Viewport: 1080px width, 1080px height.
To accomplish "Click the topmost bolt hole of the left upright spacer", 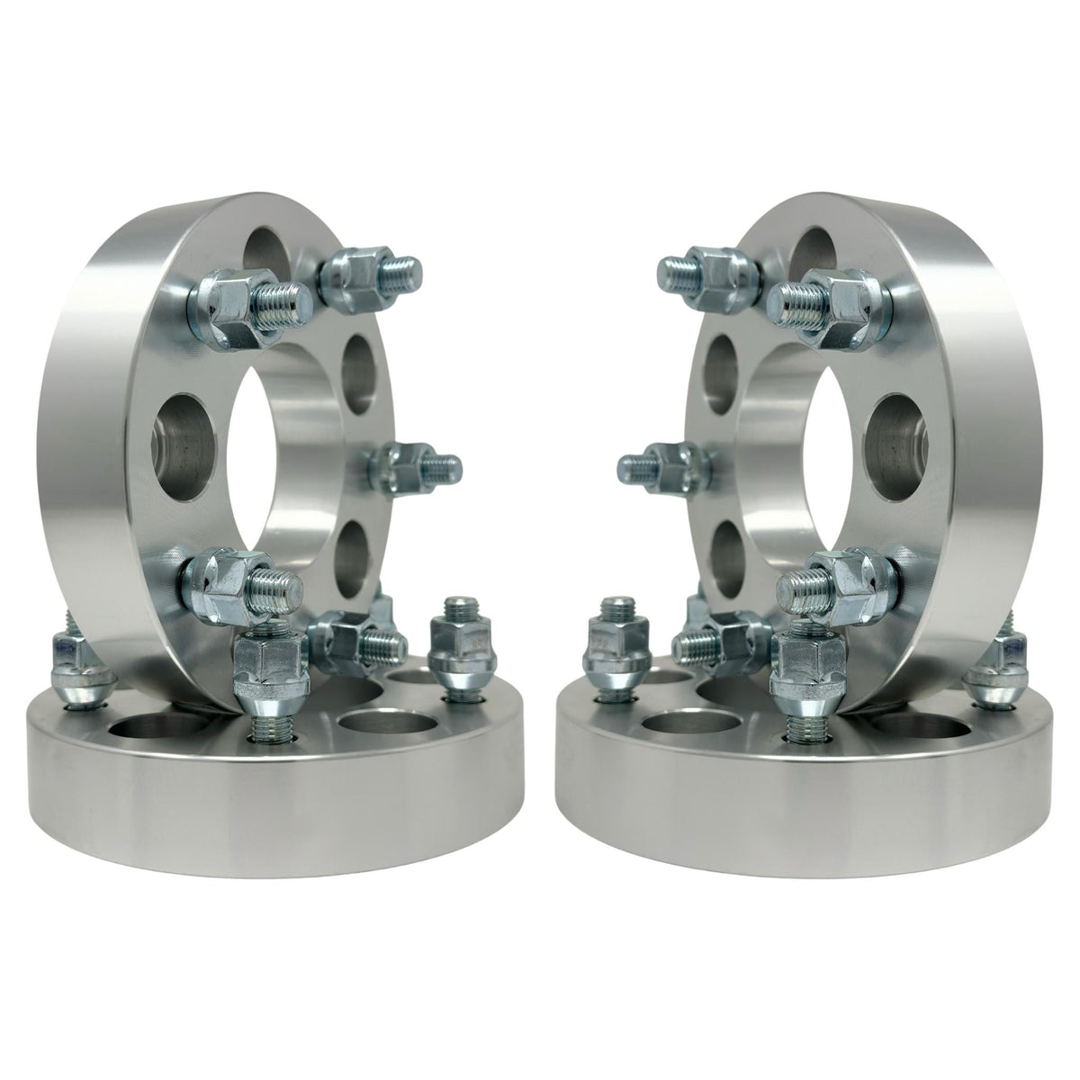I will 270,247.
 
